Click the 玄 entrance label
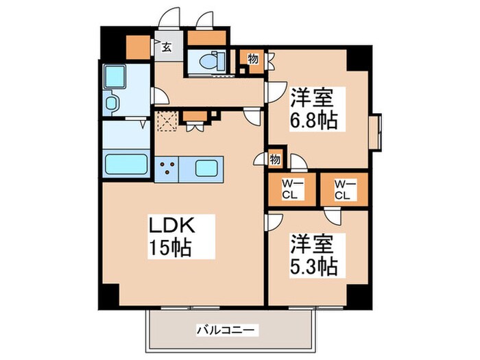tap(167, 47)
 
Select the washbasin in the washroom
tap(112, 104)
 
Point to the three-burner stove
tap(167, 167)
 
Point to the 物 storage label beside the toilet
tap(252, 59)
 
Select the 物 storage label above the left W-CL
tap(275, 160)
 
